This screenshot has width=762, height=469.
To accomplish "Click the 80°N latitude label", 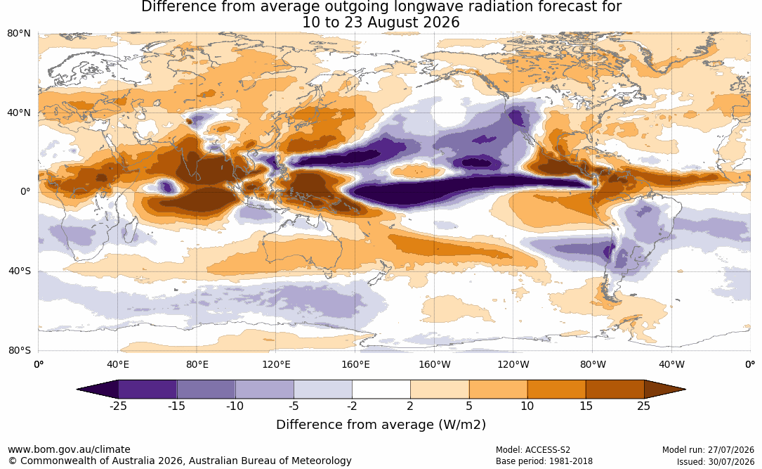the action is (x=18, y=34).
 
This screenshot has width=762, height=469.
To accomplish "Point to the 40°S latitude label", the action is (x=20, y=271).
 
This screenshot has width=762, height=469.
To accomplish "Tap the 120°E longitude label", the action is (x=277, y=364).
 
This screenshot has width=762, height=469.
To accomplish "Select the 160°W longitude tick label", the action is (x=435, y=364).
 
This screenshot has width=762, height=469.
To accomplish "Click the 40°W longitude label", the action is (x=671, y=364).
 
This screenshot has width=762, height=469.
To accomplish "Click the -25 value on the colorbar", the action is (x=118, y=406).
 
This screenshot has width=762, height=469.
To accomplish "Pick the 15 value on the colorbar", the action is (x=586, y=406).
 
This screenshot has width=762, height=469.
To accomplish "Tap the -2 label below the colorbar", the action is (x=352, y=406).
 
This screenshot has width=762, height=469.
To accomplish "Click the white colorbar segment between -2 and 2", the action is (x=381, y=390).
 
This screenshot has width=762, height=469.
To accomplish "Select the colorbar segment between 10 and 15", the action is (x=556, y=390).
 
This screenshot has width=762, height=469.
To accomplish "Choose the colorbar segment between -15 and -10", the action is (x=206, y=390).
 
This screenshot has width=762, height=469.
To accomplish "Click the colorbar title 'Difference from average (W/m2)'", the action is (x=381, y=425).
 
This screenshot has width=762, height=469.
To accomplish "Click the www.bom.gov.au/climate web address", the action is (x=69, y=449).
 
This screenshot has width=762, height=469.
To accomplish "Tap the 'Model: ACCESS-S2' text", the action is (x=532, y=450).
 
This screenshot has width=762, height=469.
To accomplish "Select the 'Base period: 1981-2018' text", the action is (x=544, y=461).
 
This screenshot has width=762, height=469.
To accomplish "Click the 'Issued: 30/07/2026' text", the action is (x=716, y=461).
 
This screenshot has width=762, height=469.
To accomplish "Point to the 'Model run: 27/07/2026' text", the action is (x=708, y=450).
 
